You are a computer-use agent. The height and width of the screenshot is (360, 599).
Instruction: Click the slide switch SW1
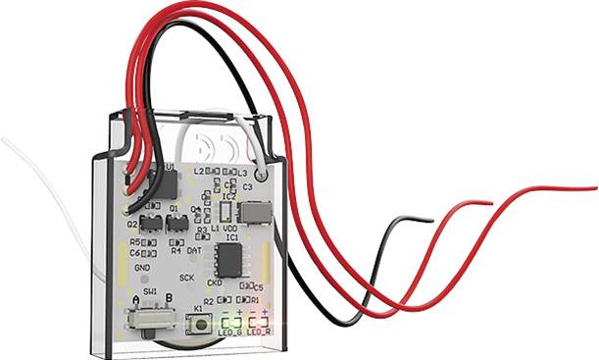click(x=150, y=320)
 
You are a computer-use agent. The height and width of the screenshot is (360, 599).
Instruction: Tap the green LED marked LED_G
click(x=231, y=321)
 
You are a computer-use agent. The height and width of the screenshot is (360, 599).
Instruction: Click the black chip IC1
click(x=229, y=258)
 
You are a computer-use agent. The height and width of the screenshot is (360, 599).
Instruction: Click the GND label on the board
click(x=143, y=266)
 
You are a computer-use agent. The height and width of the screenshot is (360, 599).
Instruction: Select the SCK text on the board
click(x=187, y=279)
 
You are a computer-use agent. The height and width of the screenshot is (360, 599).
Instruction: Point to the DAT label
click(x=194, y=251)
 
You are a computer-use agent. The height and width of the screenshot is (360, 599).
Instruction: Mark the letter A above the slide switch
click(x=135, y=298)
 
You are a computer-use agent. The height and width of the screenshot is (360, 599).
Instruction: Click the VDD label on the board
click(x=232, y=228)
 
